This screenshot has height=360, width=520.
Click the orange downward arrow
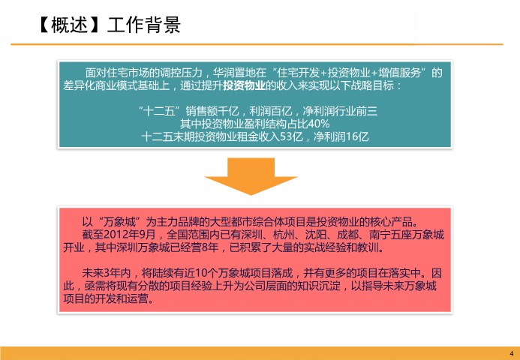251,176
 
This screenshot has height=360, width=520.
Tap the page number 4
512,354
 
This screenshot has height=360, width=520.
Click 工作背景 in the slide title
144,25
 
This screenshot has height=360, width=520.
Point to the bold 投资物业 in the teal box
244,85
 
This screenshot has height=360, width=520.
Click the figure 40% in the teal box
319,124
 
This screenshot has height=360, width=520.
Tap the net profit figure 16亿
357,136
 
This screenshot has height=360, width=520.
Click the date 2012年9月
129,235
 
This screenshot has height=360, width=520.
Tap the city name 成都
347,235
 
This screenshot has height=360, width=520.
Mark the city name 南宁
380,235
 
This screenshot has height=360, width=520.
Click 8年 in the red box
209,247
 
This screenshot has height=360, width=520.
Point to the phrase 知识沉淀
320,286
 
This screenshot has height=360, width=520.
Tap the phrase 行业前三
356,111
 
